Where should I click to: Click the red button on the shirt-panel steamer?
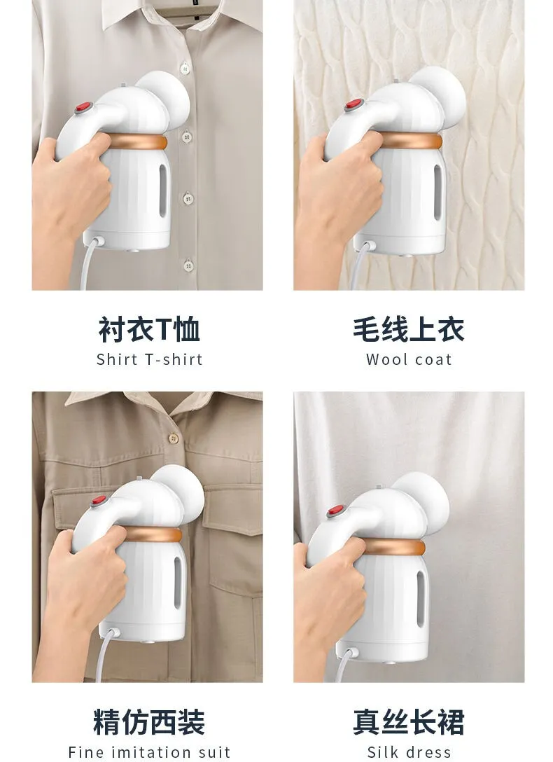coord(83,107)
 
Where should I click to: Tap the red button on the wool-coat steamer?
coord(353,104)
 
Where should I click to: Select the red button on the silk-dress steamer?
coord(335,511)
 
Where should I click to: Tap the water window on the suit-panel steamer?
coord(178,583)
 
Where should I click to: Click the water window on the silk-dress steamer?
coord(420,598)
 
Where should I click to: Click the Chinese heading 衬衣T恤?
coord(149,329)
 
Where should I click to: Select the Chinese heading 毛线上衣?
coord(409,329)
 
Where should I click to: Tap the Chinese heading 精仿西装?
coord(149,722)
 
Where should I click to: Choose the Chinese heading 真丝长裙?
coord(409,722)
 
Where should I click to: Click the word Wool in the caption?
coord(384,359)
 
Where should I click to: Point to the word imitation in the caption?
coord(152,752)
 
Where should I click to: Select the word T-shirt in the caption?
coord(174,359)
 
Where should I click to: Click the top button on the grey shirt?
coord(185,68)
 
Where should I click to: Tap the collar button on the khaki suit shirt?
coord(174,438)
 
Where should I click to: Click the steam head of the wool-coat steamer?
coord(437,97)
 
